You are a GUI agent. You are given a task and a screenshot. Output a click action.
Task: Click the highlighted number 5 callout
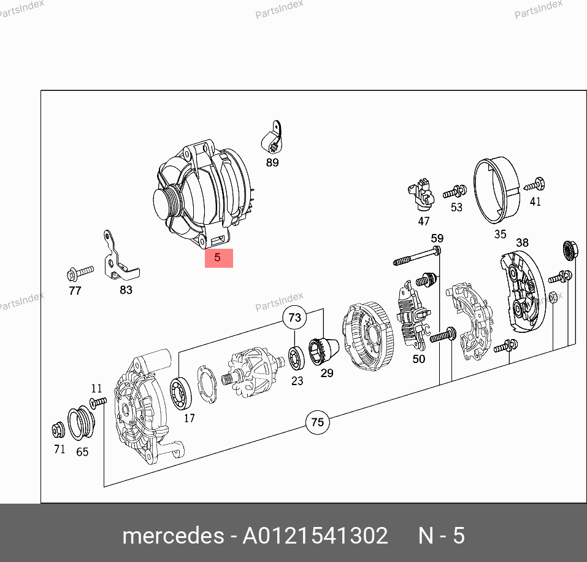(x=218, y=258)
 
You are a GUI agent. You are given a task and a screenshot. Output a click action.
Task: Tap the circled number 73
(x=294, y=318)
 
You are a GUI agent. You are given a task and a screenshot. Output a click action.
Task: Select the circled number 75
(x=318, y=422)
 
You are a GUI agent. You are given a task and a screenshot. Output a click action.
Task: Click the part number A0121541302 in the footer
(x=315, y=536)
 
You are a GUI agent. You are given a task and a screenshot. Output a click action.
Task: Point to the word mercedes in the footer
(x=173, y=536)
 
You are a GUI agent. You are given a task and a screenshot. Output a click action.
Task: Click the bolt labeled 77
(x=80, y=273)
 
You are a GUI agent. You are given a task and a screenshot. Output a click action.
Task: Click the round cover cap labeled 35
(x=496, y=190)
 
